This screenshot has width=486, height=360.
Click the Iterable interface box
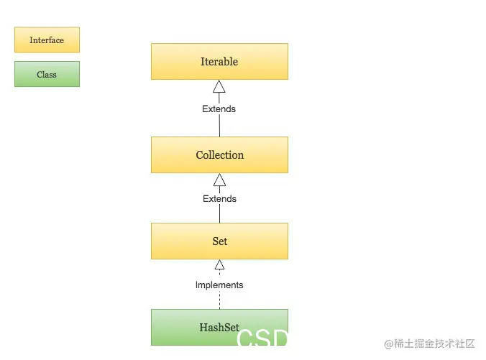click(219, 61)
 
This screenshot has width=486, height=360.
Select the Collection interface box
click(219, 155)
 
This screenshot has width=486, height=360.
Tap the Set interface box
click(219, 241)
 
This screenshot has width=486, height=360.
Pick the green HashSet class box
click(219, 327)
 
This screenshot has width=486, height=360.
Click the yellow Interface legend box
click(47, 40)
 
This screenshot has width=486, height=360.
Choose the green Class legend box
click(47, 74)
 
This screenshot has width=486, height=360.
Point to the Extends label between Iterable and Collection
click(219, 109)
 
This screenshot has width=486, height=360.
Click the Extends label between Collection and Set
click(219, 198)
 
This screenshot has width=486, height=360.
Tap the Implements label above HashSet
click(219, 285)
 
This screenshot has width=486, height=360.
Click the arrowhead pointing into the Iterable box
click(219, 86)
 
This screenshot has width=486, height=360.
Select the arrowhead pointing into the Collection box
click(219, 180)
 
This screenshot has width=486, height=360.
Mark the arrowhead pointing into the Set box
click(219, 264)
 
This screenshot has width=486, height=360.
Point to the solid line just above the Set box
click(219, 213)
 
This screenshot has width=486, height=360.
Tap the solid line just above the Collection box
click(219, 125)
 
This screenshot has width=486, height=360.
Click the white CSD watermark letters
click(262, 337)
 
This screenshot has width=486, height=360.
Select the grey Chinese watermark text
click(429, 343)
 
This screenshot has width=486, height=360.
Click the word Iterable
click(219, 61)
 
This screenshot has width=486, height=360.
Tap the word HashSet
click(219, 327)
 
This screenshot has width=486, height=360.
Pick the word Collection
click(220, 155)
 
